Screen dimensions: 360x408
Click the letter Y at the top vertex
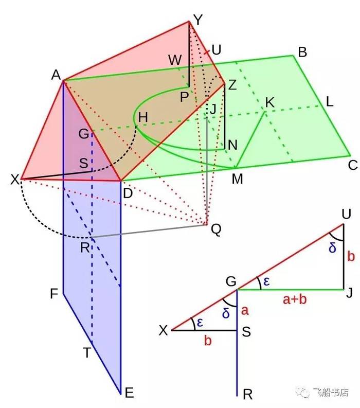tap(199, 20)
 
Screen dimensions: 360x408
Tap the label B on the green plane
tap(302, 52)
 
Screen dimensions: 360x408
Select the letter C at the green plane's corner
tap(353, 165)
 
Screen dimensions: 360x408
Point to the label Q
tap(216, 230)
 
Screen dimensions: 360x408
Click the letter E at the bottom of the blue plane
tap(129, 393)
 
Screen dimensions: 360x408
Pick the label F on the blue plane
tap(53, 294)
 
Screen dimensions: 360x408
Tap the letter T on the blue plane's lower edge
tap(87, 353)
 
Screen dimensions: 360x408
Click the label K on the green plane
tap(269, 102)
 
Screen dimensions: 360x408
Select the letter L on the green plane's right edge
tap(330, 102)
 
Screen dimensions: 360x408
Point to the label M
tap(237, 179)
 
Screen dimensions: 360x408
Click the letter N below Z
tap(232, 145)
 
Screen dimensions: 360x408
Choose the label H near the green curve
tap(143, 118)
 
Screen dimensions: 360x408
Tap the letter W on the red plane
tap(175, 60)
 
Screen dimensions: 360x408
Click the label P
tap(184, 97)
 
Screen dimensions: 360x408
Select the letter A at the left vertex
tap(56, 75)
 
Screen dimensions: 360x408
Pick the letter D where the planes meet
tap(128, 193)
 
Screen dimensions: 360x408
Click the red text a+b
tap(295, 299)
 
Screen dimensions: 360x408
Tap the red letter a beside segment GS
tap(245, 311)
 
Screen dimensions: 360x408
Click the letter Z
tap(232, 85)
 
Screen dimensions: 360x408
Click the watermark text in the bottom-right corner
tap(321, 393)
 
